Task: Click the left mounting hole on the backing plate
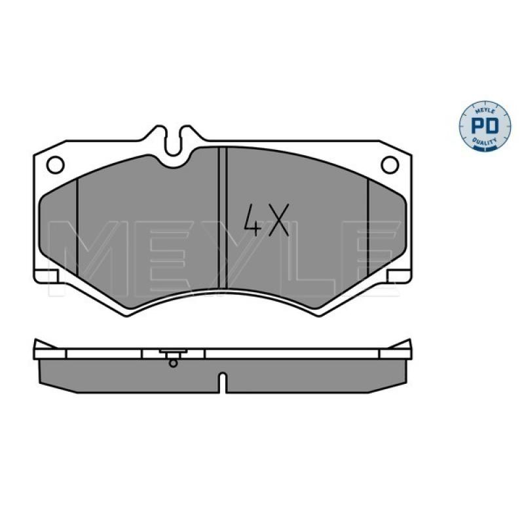pyautogui.click(x=56, y=165)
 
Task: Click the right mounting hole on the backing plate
pyautogui.click(x=390, y=165)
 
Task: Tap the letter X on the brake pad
pyautogui.click(x=279, y=220)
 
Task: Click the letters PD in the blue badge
pyautogui.click(x=485, y=126)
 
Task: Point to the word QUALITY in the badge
pyautogui.click(x=485, y=141)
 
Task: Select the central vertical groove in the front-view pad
pyautogui.click(x=222, y=218)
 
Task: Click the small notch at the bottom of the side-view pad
pyautogui.click(x=222, y=383)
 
